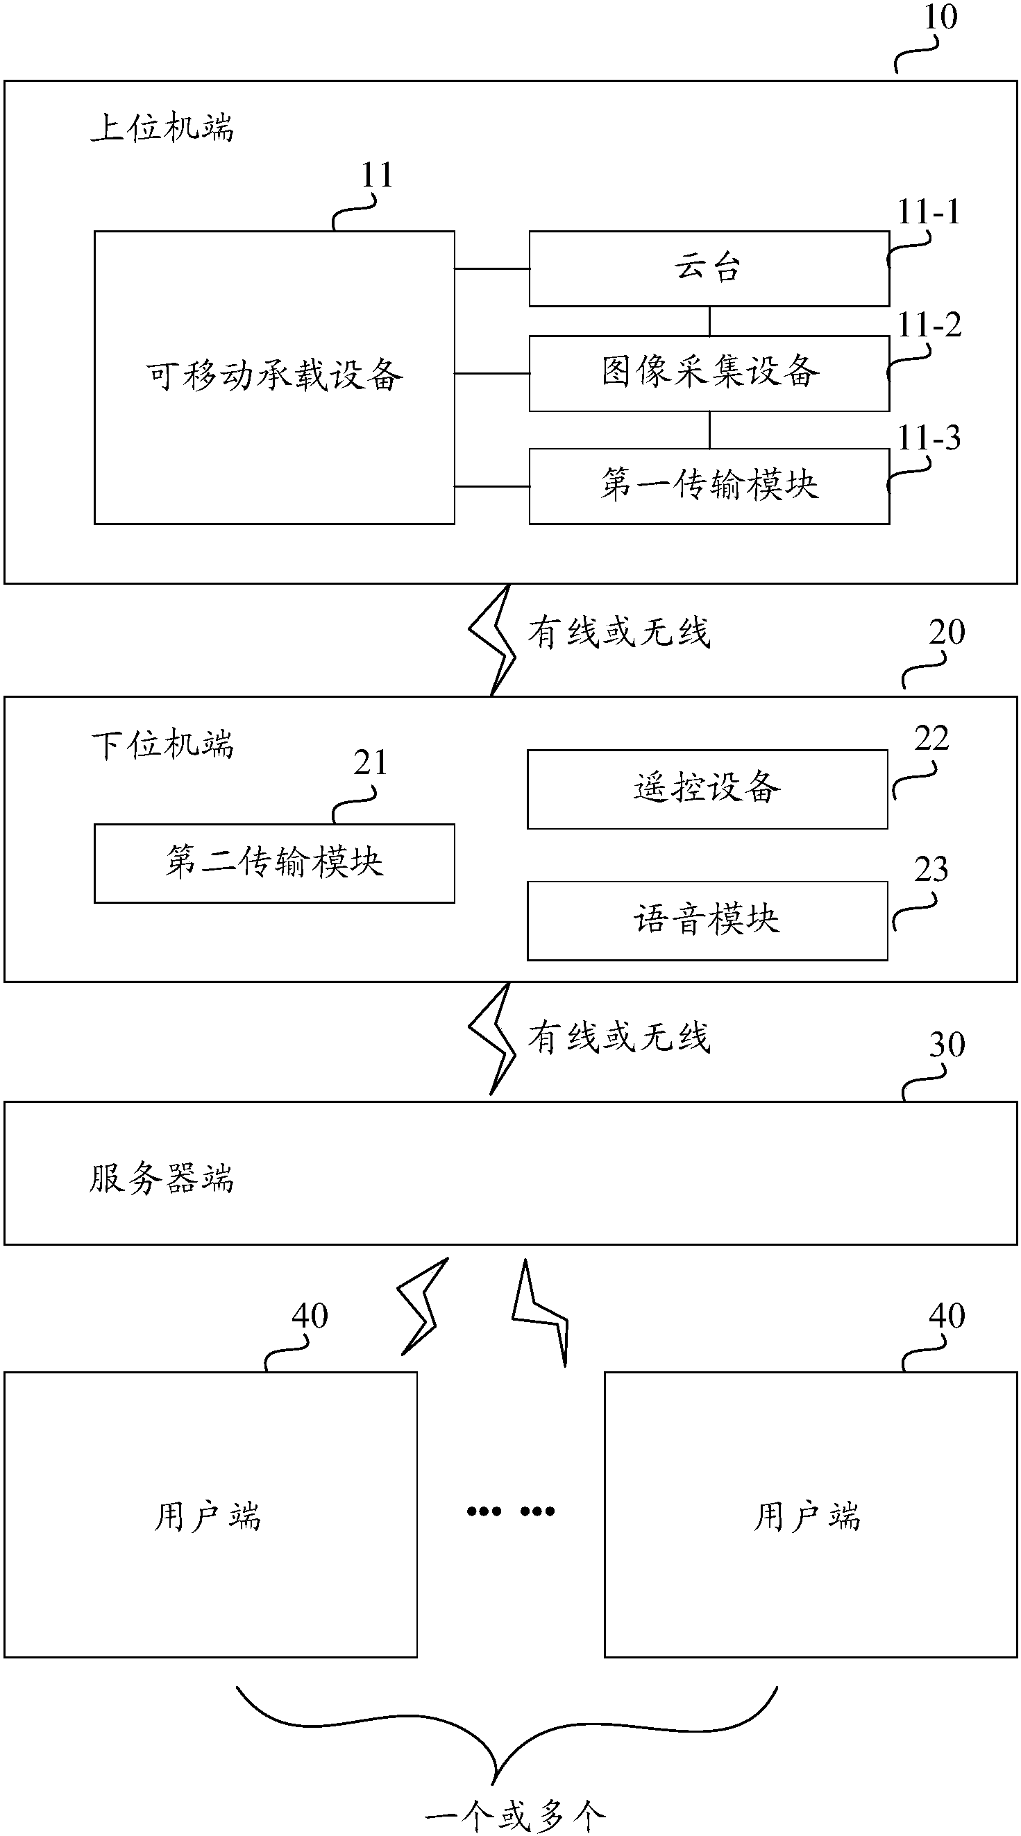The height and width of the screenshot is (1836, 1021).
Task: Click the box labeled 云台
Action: click(709, 268)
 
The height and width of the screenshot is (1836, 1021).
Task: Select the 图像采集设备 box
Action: click(709, 372)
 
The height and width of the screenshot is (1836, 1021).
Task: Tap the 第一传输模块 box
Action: click(709, 486)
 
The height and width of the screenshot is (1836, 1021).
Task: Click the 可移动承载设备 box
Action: click(273, 377)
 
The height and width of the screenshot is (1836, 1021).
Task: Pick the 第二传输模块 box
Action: click(273, 863)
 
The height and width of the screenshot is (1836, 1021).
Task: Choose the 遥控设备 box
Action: click(707, 789)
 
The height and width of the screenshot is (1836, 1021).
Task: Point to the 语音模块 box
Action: click(707, 920)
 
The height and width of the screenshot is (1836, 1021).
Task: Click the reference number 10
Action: click(940, 17)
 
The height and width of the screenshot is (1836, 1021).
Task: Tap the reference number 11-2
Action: click(928, 326)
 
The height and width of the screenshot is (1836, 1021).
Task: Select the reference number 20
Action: click(946, 632)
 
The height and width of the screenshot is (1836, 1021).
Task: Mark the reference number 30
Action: click(946, 1045)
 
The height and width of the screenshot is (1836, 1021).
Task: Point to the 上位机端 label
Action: click(162, 128)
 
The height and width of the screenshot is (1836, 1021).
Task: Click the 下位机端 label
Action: click(162, 745)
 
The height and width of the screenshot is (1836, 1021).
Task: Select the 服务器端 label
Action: click(161, 1178)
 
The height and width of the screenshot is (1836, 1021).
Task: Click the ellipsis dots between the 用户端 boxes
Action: click(511, 1511)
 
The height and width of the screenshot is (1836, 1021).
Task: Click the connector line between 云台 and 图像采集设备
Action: click(709, 321)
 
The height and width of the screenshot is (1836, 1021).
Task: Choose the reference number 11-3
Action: click(928, 438)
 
